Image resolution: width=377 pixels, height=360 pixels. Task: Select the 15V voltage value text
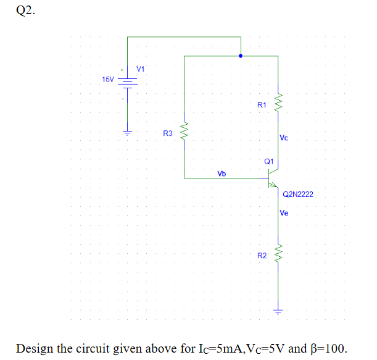coord(108,80)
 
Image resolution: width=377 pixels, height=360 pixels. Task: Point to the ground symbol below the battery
coord(128,132)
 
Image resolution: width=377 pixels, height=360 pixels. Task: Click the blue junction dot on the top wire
coord(241,56)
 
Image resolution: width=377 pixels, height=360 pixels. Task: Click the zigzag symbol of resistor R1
coord(278,101)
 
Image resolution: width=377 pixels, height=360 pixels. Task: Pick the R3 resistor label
coord(167,133)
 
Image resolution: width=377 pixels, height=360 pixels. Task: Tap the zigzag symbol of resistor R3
coord(184,130)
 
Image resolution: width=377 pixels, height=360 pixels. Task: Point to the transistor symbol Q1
coord(273,179)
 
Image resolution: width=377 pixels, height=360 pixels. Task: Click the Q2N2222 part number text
coord(298,195)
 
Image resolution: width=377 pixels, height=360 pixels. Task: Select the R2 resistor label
coord(262,255)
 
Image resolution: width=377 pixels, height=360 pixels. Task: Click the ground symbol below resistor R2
coord(278,311)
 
